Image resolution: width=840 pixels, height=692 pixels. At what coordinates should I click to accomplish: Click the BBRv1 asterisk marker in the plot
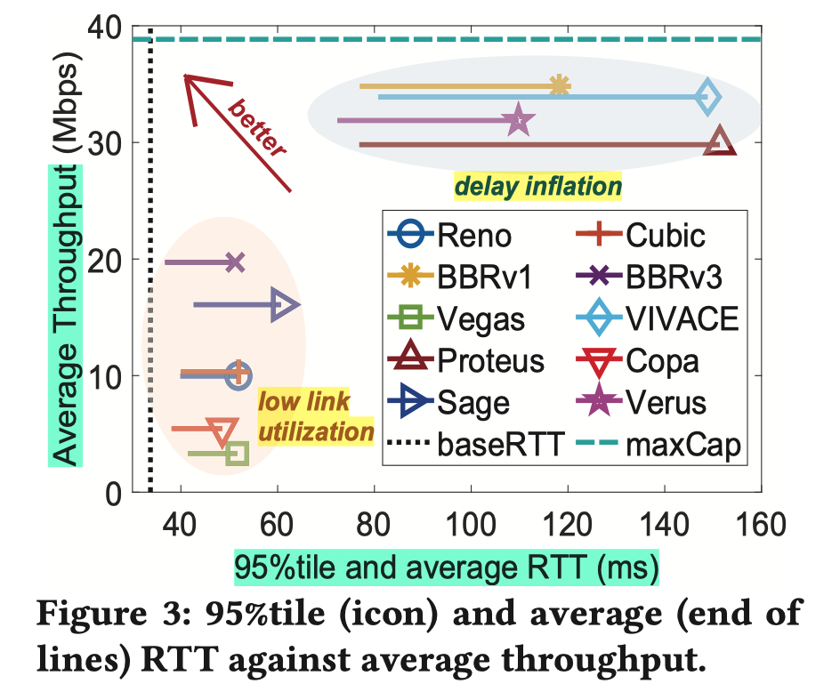point(559,86)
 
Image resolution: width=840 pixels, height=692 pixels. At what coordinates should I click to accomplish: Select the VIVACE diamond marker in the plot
point(707,96)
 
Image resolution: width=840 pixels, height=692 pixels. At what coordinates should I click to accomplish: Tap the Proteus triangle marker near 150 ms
point(720,142)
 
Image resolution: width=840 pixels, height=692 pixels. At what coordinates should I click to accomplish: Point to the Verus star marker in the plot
point(519,121)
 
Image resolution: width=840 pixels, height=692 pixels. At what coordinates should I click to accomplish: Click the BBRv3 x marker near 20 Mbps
point(235,262)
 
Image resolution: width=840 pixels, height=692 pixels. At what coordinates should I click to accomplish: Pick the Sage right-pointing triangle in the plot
point(285,305)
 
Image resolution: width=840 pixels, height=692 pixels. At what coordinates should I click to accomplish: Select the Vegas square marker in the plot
point(237,454)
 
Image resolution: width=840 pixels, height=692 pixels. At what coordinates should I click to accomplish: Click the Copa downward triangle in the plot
point(222,430)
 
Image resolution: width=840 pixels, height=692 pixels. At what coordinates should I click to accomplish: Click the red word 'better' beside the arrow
point(257,129)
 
